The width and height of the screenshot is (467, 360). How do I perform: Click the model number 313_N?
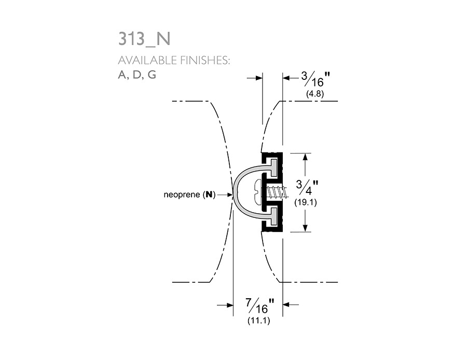(144, 39)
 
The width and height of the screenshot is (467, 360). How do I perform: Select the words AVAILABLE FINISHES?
(174, 61)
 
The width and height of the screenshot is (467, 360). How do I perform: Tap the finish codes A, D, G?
(137, 75)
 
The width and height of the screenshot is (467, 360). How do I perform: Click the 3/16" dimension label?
(315, 79)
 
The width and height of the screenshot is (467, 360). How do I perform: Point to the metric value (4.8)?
(315, 94)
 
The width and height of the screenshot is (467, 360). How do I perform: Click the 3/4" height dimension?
(307, 188)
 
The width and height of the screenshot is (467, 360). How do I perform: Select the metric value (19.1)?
(306, 202)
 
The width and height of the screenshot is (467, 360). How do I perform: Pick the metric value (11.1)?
(259, 321)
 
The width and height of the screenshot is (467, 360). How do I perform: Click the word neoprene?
(182, 195)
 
